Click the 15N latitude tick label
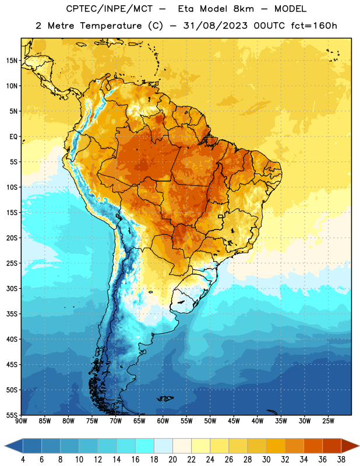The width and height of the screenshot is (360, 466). click(12, 61)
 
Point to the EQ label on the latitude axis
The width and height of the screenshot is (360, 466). click(13, 137)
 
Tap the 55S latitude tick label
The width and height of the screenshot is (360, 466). click(12, 415)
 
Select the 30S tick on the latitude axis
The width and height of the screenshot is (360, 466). click(12, 288)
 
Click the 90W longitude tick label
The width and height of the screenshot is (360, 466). click(21, 421)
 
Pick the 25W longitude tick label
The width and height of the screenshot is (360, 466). click(328, 421)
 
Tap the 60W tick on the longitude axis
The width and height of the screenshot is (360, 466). click(163, 421)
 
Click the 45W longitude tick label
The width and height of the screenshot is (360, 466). click(234, 421)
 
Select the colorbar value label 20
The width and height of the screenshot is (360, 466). click(172, 460)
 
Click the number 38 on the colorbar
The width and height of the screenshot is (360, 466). click(341, 460)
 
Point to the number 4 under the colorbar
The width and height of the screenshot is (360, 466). click(23, 460)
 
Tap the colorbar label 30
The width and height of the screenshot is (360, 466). click(266, 460)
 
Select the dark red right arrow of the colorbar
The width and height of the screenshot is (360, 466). click(350, 446)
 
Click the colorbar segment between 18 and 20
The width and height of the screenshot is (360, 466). click(163, 446)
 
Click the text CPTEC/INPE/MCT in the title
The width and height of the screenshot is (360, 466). click(110, 9)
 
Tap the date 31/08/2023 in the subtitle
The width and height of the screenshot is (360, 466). click(215, 26)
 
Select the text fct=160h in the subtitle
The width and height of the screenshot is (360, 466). click(314, 26)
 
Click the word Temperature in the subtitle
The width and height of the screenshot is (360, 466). click(111, 26)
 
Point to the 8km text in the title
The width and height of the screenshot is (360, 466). click(243, 9)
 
